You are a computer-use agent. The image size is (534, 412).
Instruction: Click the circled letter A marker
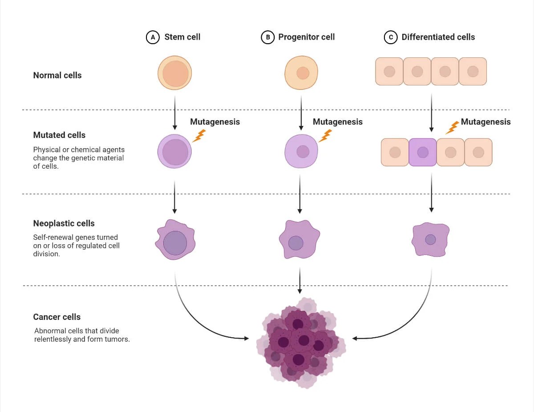(153, 37)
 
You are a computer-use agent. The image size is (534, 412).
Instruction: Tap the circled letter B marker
(267, 37)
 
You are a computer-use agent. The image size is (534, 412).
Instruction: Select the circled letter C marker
(390, 37)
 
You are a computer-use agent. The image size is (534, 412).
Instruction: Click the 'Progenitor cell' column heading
(306, 37)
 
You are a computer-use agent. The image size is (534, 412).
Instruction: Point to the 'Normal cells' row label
(57, 75)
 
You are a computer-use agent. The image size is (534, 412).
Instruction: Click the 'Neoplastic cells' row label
(64, 223)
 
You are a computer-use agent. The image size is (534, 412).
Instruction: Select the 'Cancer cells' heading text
(57, 317)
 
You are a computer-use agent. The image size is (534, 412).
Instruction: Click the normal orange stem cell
(175, 73)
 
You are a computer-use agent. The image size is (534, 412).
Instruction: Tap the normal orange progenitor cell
(302, 73)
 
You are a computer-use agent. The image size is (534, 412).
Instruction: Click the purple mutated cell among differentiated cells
(422, 152)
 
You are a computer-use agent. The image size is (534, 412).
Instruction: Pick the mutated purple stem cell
(175, 151)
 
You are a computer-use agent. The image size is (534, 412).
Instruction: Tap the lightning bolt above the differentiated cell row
(452, 128)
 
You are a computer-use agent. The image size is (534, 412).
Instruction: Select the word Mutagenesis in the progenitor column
(337, 122)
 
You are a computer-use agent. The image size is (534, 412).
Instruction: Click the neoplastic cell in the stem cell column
(175, 241)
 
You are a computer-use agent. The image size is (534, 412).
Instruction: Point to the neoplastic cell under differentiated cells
(430, 240)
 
